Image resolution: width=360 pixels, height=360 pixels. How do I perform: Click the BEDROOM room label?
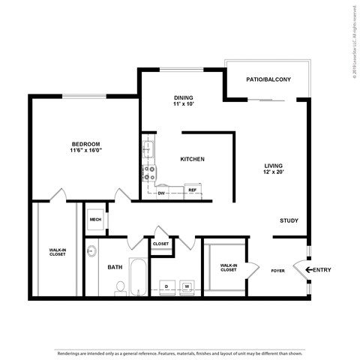click(85, 144)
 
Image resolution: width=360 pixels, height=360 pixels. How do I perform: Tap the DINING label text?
click(184, 97)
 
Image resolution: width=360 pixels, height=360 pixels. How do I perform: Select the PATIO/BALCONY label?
click(268, 79)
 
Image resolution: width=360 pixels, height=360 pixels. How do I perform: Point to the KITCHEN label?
click(193, 159)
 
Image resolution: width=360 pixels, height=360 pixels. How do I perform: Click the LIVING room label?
click(273, 166)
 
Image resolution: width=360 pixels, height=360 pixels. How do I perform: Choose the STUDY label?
click(289, 220)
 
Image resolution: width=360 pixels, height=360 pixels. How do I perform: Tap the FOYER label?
click(277, 271)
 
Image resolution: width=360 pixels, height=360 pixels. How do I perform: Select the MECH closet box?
click(95, 220)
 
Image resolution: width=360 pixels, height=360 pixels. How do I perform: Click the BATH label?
click(115, 266)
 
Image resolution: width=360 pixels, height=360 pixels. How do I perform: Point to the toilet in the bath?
click(119, 287)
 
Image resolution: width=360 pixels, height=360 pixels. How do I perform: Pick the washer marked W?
click(187, 286)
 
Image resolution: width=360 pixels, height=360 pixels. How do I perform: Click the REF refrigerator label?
click(192, 190)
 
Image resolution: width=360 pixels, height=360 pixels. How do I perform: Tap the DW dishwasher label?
click(161, 193)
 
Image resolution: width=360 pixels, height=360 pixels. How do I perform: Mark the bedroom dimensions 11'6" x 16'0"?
click(85, 151)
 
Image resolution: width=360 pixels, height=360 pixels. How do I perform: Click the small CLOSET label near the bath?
click(161, 244)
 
